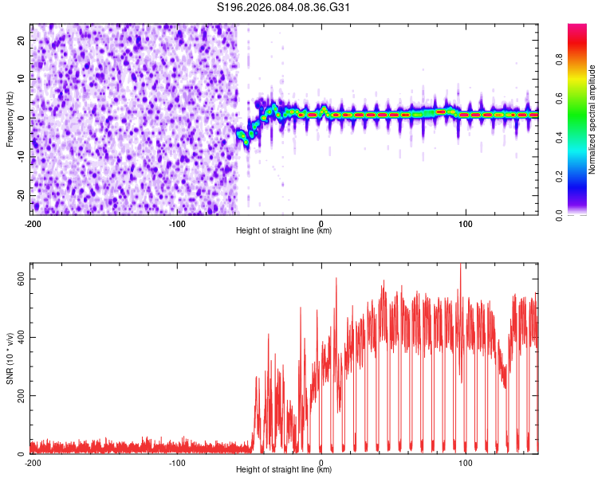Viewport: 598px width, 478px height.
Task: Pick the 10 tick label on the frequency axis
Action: (x=21, y=79)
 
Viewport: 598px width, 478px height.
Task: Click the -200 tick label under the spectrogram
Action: (x=33, y=224)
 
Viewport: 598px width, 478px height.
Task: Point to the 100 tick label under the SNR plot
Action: (x=466, y=463)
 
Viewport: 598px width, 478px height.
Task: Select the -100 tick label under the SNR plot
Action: (x=177, y=463)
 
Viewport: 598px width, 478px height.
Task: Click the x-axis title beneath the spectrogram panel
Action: (x=284, y=231)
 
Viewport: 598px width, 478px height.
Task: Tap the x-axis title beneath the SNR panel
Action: (x=284, y=470)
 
